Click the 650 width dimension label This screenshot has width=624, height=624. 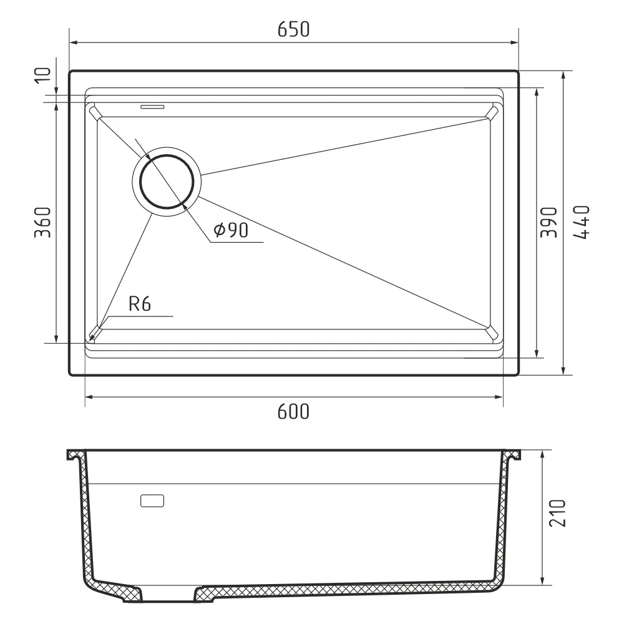coord(293,29)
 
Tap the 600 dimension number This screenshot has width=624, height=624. coord(293,411)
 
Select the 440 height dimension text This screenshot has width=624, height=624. coord(582,222)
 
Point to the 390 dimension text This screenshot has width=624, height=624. coord(548,222)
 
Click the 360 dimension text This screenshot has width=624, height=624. coord(43,222)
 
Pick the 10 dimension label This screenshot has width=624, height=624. coord(43,76)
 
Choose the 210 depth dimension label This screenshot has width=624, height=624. coord(557,514)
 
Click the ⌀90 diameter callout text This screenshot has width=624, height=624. coord(231,230)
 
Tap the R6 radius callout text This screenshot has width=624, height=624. coord(140,304)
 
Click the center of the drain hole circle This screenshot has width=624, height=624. coord(167,182)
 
